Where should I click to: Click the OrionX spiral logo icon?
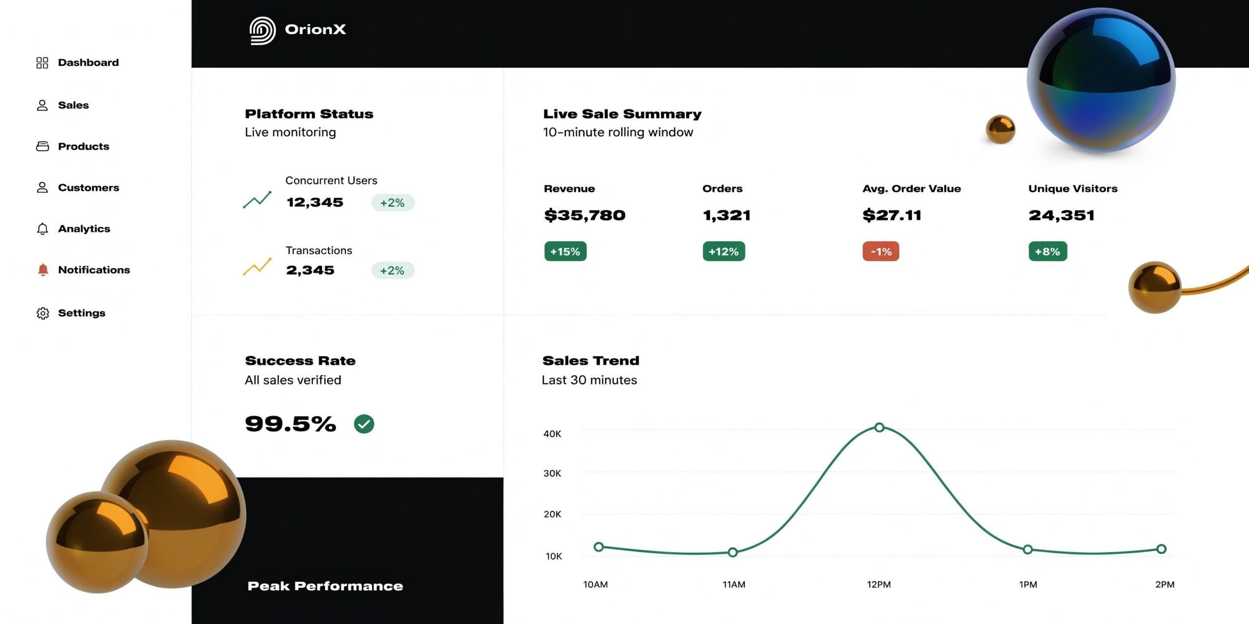(262, 31)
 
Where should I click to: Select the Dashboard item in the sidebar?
(88, 62)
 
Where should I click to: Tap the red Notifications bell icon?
(43, 270)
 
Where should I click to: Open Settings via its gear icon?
(43, 313)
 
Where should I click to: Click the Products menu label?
(83, 146)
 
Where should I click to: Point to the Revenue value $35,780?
(584, 215)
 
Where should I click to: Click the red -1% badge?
(881, 252)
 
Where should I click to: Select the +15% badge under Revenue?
(565, 252)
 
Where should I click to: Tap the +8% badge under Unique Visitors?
(1048, 252)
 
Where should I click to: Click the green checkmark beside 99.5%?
(364, 424)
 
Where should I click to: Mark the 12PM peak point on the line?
(879, 428)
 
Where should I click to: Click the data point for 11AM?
(732, 552)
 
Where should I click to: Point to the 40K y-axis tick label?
(552, 434)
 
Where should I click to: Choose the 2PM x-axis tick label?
(1165, 585)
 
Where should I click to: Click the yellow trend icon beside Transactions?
(257, 267)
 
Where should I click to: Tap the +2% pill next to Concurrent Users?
(393, 203)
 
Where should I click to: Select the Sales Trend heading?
(590, 361)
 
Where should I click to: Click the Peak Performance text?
(325, 586)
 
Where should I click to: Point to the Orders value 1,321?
(726, 215)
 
